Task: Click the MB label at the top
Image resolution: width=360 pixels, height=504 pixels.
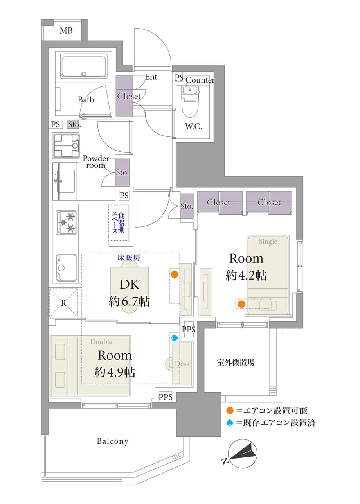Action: [x=66, y=30]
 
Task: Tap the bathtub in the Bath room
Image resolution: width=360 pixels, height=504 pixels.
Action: [x=84, y=66]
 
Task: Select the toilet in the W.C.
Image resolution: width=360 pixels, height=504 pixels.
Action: [x=191, y=101]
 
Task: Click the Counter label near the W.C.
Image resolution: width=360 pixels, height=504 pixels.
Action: [x=200, y=80]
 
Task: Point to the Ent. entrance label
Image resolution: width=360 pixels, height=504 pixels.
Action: [x=152, y=77]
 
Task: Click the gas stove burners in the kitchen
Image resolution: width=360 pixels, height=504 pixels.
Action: [x=66, y=222]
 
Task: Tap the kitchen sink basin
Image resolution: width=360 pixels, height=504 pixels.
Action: [x=67, y=267]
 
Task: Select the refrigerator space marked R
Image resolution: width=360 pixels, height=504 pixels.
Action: [x=63, y=303]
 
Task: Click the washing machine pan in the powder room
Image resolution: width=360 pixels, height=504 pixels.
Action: [x=66, y=145]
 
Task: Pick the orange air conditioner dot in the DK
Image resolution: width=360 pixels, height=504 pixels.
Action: [x=175, y=274]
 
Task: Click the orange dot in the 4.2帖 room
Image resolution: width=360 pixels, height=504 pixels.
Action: [x=241, y=304]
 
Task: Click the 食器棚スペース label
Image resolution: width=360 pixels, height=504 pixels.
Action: [x=119, y=222]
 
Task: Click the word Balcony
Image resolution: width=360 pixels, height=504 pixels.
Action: [x=113, y=441]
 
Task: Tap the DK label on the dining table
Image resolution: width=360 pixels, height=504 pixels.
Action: [x=129, y=284]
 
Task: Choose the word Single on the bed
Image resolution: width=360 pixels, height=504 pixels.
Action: [x=268, y=242]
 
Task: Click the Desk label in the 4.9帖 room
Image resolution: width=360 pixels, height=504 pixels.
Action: [x=182, y=364]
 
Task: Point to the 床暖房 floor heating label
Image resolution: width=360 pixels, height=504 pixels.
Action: [x=129, y=258]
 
